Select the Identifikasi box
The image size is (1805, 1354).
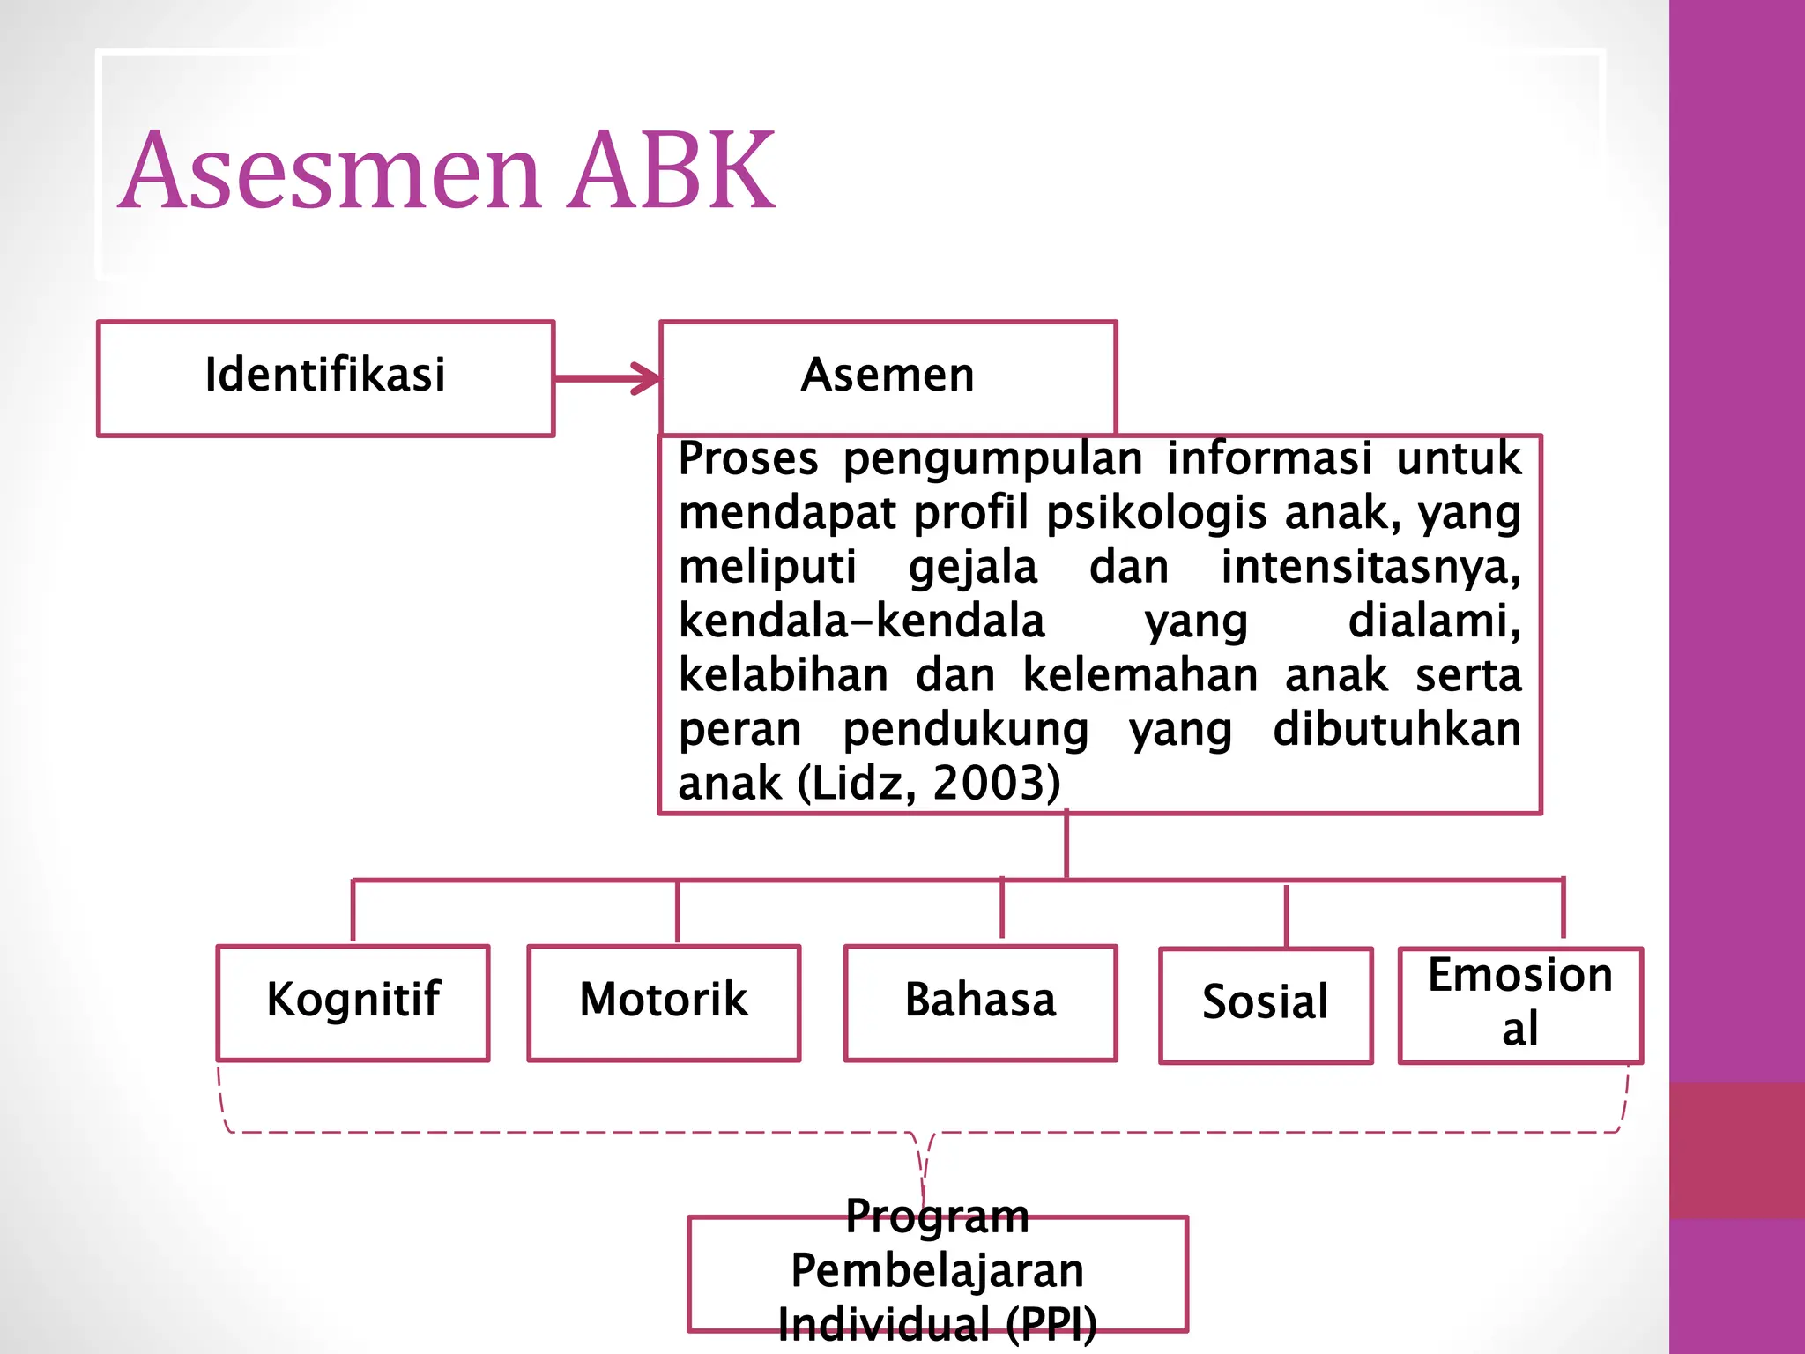(325, 377)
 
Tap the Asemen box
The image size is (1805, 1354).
(888, 376)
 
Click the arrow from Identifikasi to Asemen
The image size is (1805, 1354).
(607, 379)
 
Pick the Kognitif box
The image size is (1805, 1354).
(353, 1002)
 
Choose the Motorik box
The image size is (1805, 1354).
(664, 1002)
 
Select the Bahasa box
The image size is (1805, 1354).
(980, 1002)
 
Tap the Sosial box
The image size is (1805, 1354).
(1266, 1005)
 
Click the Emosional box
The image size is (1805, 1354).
(1520, 1004)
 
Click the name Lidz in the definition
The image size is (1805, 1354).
(863, 783)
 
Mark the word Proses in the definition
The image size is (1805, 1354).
(748, 458)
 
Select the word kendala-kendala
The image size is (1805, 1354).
(861, 621)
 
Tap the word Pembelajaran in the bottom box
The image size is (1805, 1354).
(937, 1270)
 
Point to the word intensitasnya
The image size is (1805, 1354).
(1370, 567)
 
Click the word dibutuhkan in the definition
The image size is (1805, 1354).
(1397, 730)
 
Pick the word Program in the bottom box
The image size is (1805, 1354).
(937, 1217)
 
